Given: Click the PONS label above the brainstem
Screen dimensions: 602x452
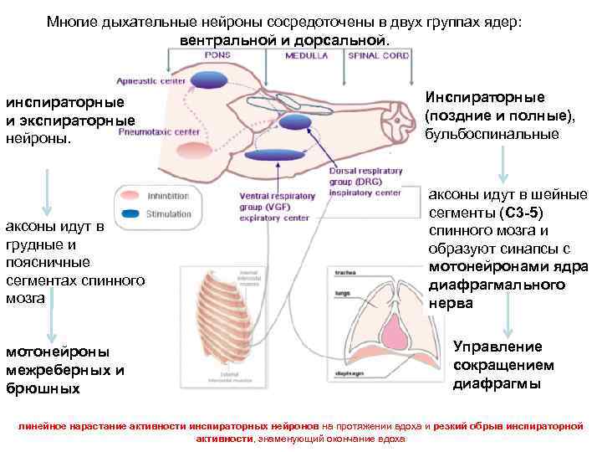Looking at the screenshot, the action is [218, 55].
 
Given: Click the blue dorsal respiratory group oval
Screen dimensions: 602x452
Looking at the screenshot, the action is [295, 122].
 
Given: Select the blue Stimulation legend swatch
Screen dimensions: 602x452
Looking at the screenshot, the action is [130, 214].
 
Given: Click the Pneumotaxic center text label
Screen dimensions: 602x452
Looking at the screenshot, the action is [159, 131].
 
